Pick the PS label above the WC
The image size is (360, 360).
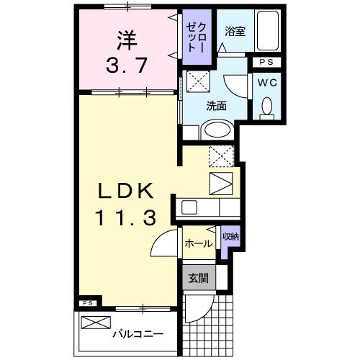[266, 63]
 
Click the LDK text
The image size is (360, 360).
[125, 190]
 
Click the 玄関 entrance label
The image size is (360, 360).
[198, 277]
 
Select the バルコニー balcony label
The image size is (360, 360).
[138, 334]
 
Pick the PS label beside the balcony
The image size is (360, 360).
[87, 303]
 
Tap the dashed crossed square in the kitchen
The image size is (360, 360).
[220, 155]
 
